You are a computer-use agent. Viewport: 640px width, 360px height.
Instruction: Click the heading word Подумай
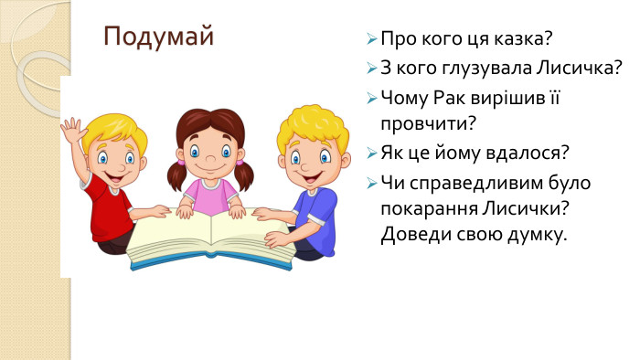pos(158,37)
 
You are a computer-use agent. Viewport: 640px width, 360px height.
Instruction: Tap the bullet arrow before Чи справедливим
pos(370,182)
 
